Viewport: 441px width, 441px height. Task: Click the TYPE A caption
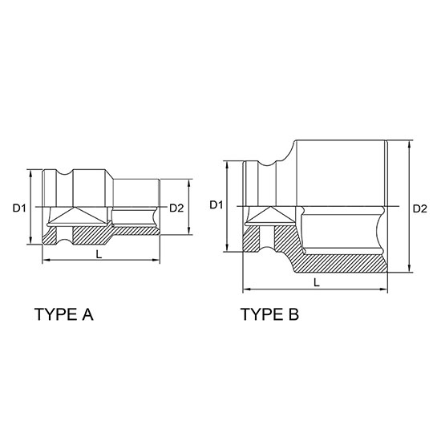pyautogui.click(x=64, y=314)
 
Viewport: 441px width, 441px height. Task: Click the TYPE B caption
pyautogui.click(x=270, y=314)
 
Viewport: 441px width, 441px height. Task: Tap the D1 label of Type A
pyautogui.click(x=19, y=208)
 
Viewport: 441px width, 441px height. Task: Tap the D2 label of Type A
pyautogui.click(x=176, y=208)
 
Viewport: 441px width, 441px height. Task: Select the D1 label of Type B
pyautogui.click(x=216, y=205)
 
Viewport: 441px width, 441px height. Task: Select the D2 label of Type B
pyautogui.click(x=420, y=208)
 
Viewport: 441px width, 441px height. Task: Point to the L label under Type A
pyautogui.click(x=99, y=254)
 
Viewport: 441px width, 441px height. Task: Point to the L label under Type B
pyautogui.click(x=317, y=283)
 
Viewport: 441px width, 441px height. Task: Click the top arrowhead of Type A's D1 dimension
pyautogui.click(x=30, y=173)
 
